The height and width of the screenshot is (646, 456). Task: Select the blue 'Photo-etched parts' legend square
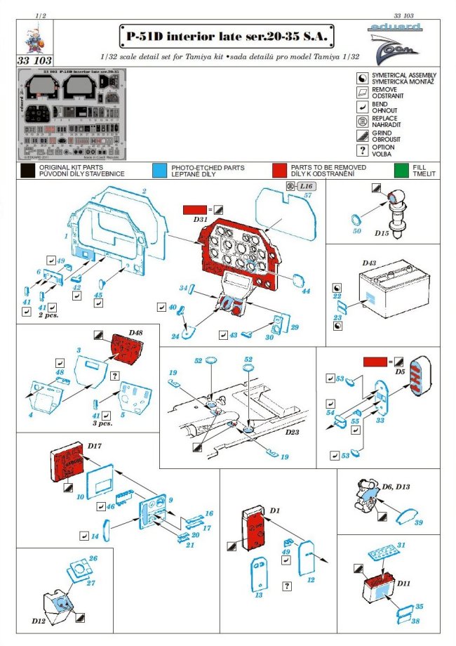click(x=159, y=170)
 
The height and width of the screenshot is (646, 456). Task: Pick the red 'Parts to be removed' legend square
click(x=279, y=170)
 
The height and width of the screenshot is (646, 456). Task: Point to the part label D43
click(x=370, y=263)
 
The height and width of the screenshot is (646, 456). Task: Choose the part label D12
click(x=39, y=621)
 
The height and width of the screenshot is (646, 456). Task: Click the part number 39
click(x=419, y=523)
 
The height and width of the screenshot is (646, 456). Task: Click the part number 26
click(x=93, y=559)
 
